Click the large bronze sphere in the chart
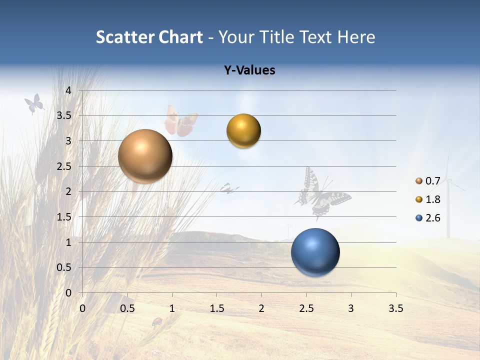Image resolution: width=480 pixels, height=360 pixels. [x=145, y=156]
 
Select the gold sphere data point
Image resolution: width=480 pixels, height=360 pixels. [x=243, y=131]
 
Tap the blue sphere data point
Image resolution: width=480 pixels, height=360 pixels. [x=315, y=252]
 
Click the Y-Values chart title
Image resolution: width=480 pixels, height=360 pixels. [x=249, y=70]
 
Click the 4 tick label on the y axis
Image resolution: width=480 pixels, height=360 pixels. [x=68, y=90]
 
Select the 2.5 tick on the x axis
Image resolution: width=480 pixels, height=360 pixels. [x=306, y=308]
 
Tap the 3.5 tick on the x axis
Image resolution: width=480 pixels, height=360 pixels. [x=395, y=308]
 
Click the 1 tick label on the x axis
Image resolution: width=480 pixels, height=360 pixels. [x=172, y=308]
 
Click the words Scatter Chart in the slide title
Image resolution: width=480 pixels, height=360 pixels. [x=149, y=37]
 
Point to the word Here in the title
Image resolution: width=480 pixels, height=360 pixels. [x=356, y=37]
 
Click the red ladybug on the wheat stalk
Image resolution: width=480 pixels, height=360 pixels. [x=157, y=321]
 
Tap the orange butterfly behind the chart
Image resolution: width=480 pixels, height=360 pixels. [x=180, y=122]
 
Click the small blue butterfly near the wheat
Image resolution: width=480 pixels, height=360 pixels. [x=34, y=103]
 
